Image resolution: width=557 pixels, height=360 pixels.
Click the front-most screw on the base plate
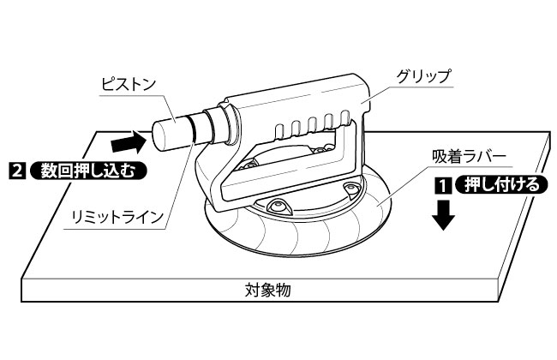278,206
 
